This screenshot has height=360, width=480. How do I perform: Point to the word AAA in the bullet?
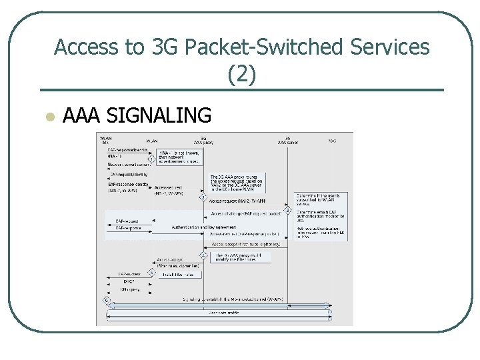(x=81, y=116)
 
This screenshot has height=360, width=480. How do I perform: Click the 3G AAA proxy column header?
(x=203, y=140)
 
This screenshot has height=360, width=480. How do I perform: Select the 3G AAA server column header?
(x=288, y=140)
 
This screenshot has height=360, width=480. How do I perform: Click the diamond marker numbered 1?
(x=152, y=159)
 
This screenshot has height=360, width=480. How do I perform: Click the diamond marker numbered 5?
(x=151, y=272)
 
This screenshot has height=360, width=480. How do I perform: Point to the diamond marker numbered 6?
(x=105, y=299)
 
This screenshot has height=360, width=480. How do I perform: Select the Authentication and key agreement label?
(x=200, y=227)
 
